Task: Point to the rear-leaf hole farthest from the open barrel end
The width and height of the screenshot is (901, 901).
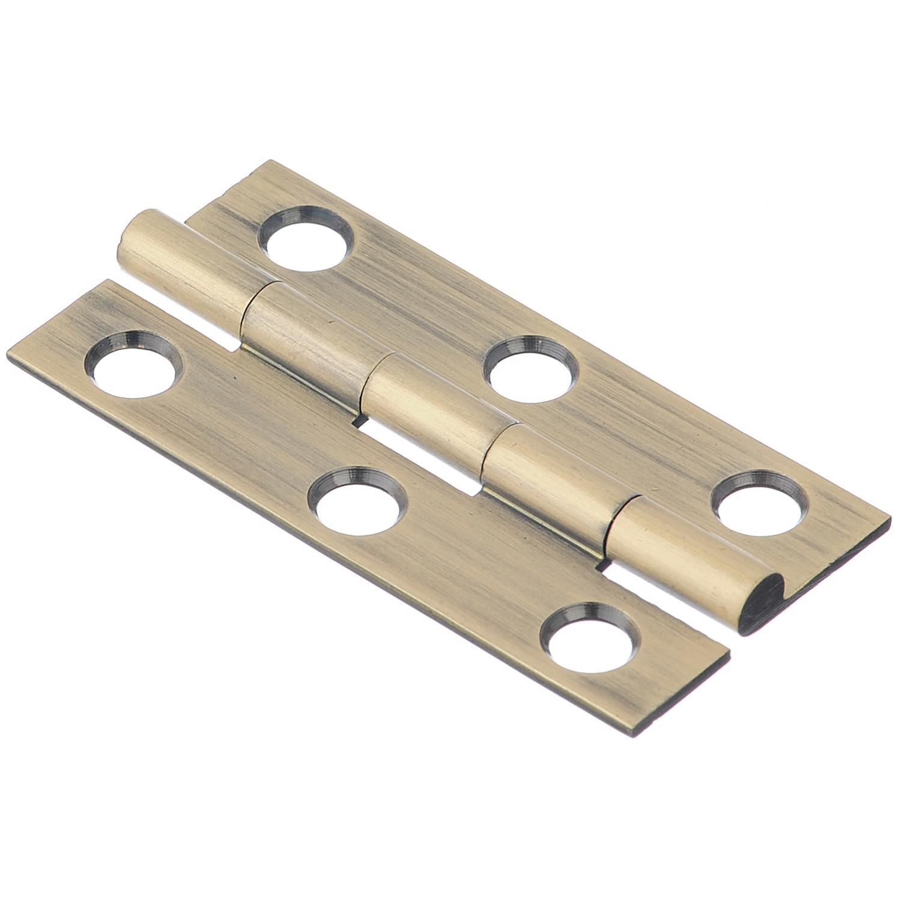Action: coord(305,238)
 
